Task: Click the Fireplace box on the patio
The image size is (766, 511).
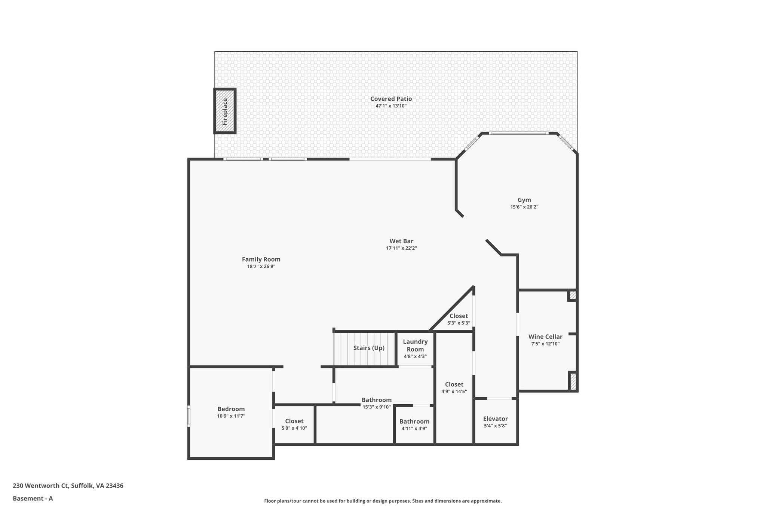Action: pyautogui.click(x=225, y=111)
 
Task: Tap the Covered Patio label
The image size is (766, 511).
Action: pyautogui.click(x=391, y=99)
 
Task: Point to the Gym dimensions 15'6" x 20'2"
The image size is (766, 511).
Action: pyautogui.click(x=524, y=207)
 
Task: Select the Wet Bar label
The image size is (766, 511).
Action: pyautogui.click(x=401, y=241)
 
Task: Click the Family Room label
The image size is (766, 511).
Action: pyautogui.click(x=261, y=259)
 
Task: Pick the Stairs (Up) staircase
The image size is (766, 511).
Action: pyautogui.click(x=365, y=348)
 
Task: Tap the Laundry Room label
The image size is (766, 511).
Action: pyautogui.click(x=415, y=345)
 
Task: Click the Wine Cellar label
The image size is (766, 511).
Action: pyautogui.click(x=545, y=337)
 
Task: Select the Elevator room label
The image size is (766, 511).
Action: pyautogui.click(x=495, y=419)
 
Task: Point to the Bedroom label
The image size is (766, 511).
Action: pyautogui.click(x=231, y=409)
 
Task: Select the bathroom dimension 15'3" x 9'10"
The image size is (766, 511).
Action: pyautogui.click(x=377, y=407)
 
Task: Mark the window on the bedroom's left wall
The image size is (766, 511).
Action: pyautogui.click(x=189, y=416)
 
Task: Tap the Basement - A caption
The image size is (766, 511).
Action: pyautogui.click(x=33, y=498)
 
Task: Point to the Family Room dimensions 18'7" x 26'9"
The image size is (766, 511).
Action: pyautogui.click(x=261, y=267)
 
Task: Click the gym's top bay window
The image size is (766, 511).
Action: pyautogui.click(x=519, y=133)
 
